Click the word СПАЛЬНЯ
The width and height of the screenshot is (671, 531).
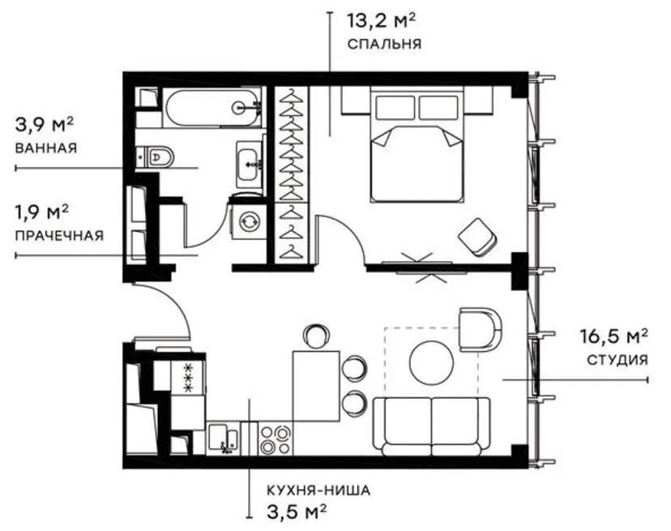coord(384,44)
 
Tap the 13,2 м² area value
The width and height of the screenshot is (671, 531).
coord(381,20)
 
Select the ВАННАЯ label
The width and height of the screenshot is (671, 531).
coord(46,148)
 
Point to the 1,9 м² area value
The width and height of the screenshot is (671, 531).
coord(42,212)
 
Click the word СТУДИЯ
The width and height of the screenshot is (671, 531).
coord(617,360)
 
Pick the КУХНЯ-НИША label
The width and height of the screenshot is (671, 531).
coord(318,490)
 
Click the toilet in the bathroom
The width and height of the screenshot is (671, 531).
coord(156,156)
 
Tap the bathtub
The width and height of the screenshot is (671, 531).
coord(212,108)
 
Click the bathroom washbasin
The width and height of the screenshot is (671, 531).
coord(249,165)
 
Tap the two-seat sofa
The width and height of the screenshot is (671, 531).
coord(432,426)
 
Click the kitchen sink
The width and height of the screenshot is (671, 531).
coord(223,439)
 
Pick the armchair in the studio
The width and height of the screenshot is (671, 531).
coord(480,329)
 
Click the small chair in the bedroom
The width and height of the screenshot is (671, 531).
coord(478,238)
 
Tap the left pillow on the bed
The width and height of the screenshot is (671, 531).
coord(395,108)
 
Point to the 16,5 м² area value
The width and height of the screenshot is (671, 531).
coord(613,336)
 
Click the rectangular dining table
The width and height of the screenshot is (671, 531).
coord(316,386)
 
